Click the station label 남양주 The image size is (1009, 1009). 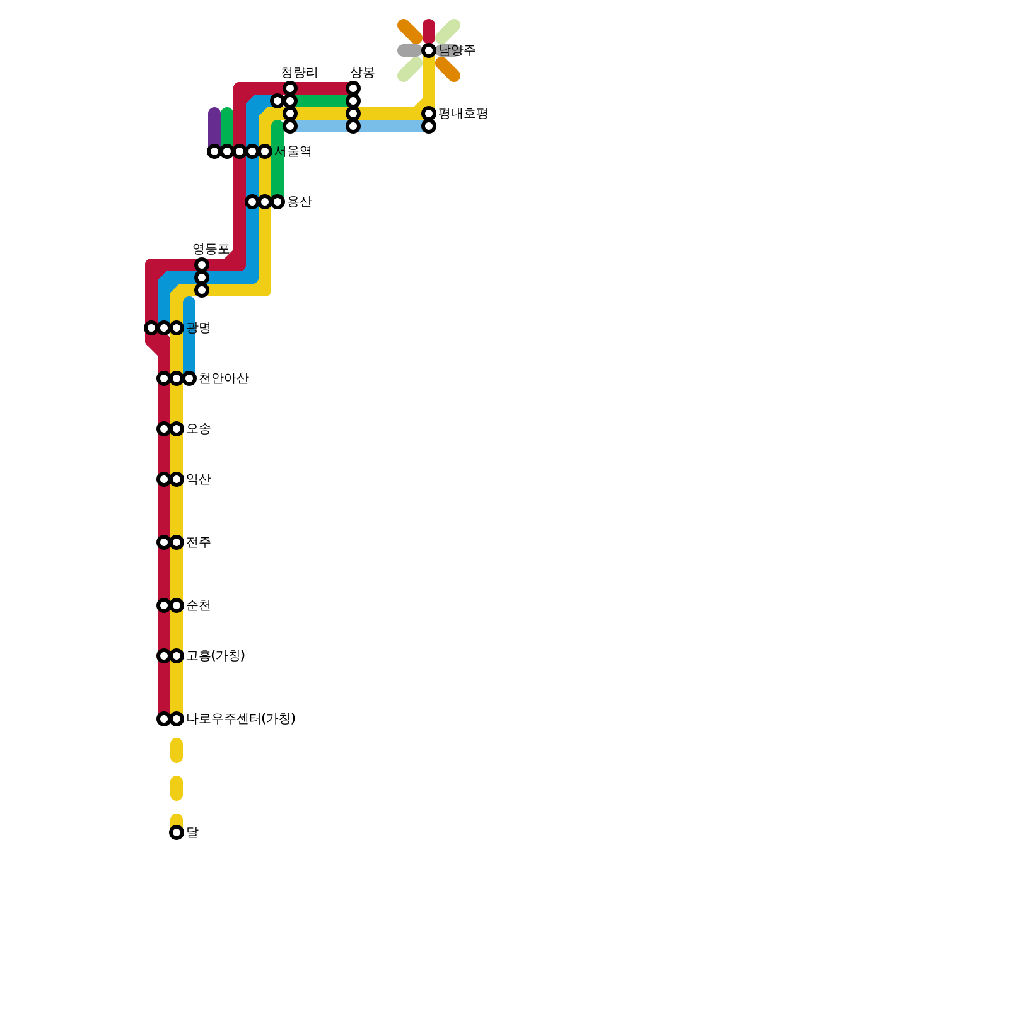(457, 50)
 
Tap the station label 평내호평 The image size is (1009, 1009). (463, 114)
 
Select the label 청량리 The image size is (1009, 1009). (299, 73)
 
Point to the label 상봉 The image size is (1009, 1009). (362, 73)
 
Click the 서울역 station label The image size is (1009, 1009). (293, 151)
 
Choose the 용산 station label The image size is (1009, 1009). (300, 202)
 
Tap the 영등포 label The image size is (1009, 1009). (211, 249)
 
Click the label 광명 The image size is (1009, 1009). (198, 328)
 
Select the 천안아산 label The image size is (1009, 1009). (223, 378)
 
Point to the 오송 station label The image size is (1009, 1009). (198, 429)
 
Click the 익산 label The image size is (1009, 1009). (198, 479)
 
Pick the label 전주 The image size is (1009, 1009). (198, 542)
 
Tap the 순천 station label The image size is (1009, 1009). (198, 605)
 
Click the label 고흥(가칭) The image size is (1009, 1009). (215, 656)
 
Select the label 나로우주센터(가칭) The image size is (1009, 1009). (240, 719)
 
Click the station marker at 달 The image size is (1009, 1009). (177, 832)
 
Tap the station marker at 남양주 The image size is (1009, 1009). (429, 50)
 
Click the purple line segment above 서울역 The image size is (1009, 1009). (214, 126)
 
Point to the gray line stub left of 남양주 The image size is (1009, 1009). (409, 50)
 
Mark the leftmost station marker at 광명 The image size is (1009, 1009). (151, 328)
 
